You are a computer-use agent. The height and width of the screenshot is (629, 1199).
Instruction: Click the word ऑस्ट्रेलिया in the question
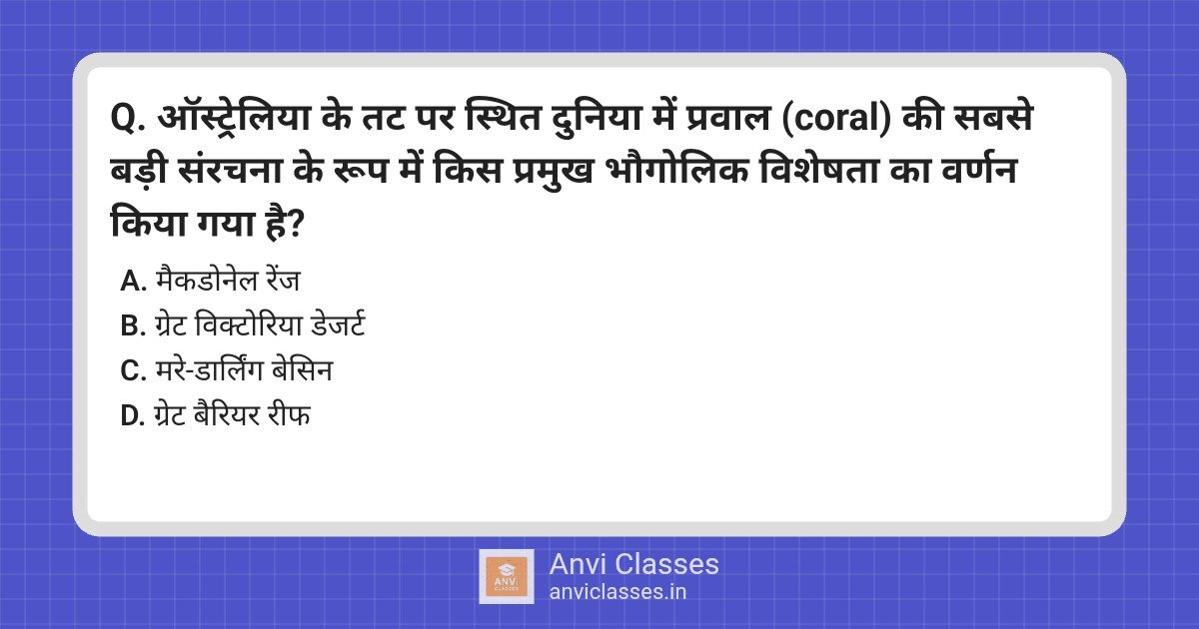(x=234, y=118)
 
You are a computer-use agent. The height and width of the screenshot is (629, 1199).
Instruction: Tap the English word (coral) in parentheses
(x=837, y=119)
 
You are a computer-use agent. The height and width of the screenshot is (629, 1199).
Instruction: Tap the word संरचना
(x=230, y=171)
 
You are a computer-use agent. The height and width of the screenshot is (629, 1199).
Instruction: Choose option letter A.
(x=133, y=282)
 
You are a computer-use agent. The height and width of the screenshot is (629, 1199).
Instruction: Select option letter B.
(x=133, y=326)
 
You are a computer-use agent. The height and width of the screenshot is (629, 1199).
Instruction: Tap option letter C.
(x=133, y=371)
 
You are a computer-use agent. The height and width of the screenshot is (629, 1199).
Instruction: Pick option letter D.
(x=133, y=416)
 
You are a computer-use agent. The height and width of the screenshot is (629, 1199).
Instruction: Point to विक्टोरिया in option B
(x=248, y=324)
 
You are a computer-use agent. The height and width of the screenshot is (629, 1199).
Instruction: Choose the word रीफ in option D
(x=289, y=415)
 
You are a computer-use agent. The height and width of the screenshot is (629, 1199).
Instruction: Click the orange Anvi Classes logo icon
(x=506, y=577)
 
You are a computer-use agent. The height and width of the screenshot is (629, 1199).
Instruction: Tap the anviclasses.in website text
(x=617, y=593)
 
